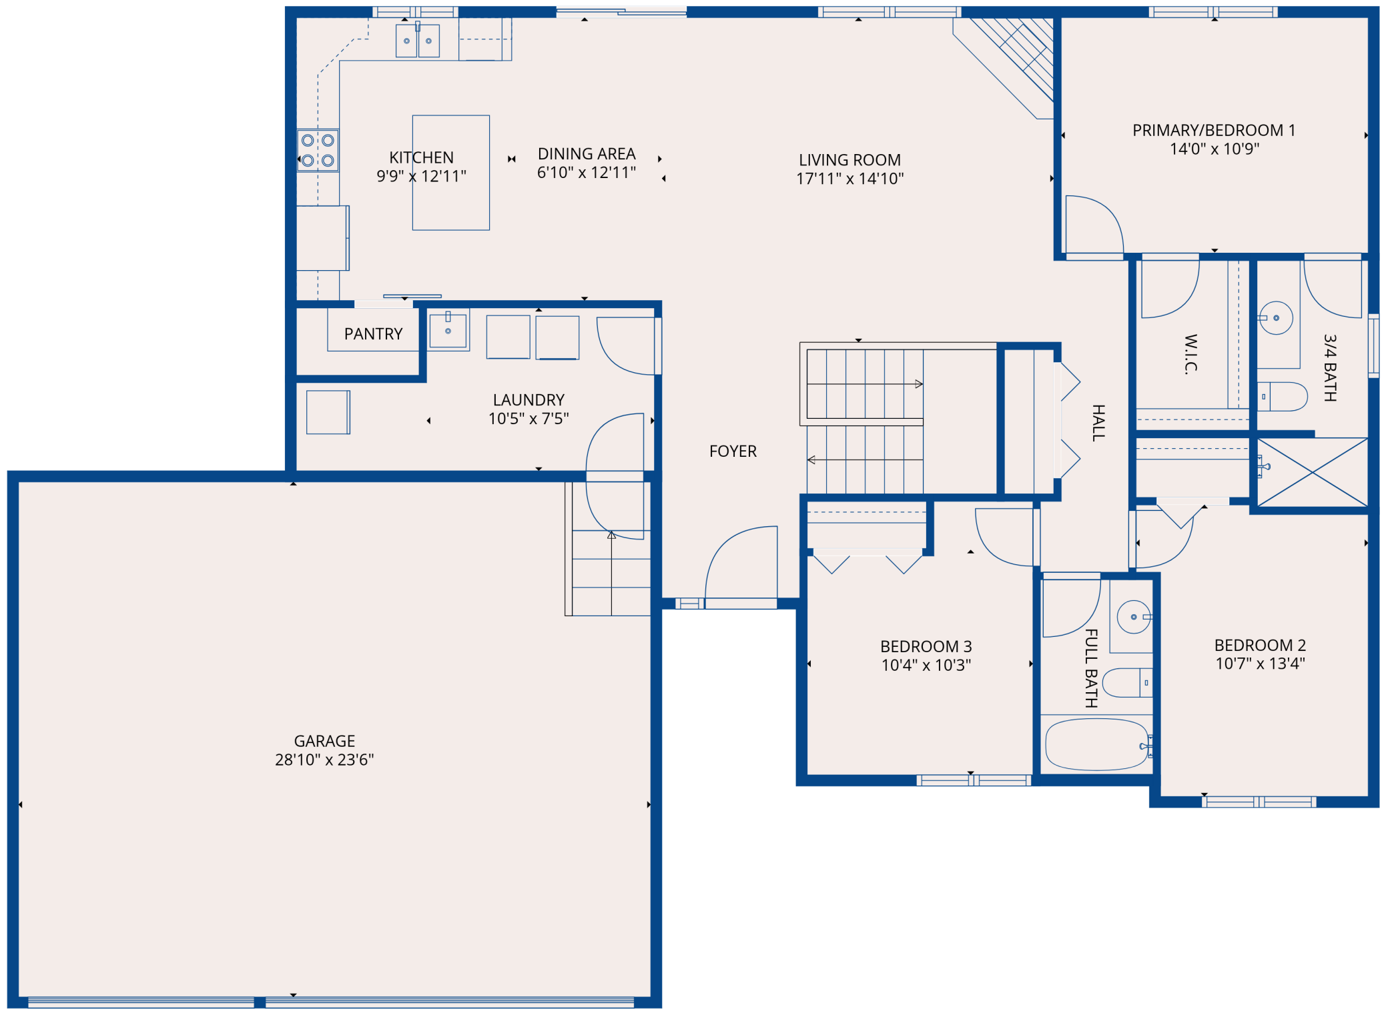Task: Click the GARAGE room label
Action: [x=324, y=741]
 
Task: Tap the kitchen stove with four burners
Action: [x=318, y=151]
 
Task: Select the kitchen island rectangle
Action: [x=451, y=173]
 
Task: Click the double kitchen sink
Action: [x=418, y=41]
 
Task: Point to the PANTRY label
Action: [x=373, y=333]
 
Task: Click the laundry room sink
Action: [x=448, y=330]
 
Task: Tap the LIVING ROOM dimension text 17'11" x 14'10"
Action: [x=849, y=179]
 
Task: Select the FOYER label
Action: [x=733, y=451]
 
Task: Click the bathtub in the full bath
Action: [x=1097, y=745]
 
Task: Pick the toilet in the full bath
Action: [x=1127, y=683]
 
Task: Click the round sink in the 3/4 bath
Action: [x=1275, y=318]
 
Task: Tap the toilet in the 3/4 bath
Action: [x=1282, y=397]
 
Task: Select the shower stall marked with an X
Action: [x=1313, y=472]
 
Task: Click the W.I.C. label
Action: [x=1190, y=354]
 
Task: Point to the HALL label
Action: [x=1098, y=423]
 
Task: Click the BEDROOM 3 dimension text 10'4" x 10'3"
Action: [x=926, y=665]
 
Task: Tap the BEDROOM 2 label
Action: [x=1260, y=645]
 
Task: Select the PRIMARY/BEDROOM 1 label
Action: [x=1214, y=130]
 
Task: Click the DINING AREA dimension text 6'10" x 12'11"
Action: [x=587, y=173]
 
